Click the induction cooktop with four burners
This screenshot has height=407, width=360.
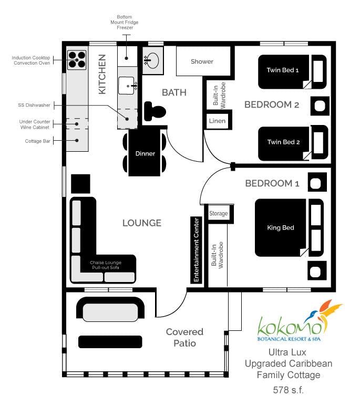(x=77, y=59)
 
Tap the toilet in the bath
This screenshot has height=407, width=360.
(x=156, y=110)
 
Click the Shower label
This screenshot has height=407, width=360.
(x=202, y=61)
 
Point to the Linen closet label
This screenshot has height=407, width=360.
(x=217, y=121)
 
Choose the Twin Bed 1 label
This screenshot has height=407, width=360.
(x=283, y=70)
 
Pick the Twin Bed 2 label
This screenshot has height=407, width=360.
(x=283, y=142)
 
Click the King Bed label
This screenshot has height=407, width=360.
(x=280, y=228)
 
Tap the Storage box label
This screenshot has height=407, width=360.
(x=219, y=214)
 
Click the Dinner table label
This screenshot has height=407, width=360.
(x=145, y=154)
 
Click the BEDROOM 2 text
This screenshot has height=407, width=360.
(x=271, y=105)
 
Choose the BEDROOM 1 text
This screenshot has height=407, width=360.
(x=272, y=183)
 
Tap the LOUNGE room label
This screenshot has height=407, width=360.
(x=141, y=223)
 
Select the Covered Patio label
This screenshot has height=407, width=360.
(x=184, y=337)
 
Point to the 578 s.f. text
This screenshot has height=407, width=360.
(x=288, y=390)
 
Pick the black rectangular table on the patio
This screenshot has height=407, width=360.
(x=110, y=342)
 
